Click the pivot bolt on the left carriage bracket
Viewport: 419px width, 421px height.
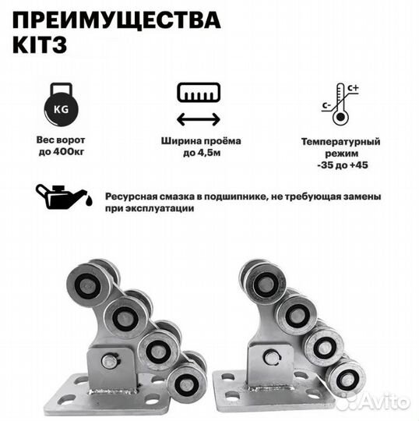click(x=110, y=361)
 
